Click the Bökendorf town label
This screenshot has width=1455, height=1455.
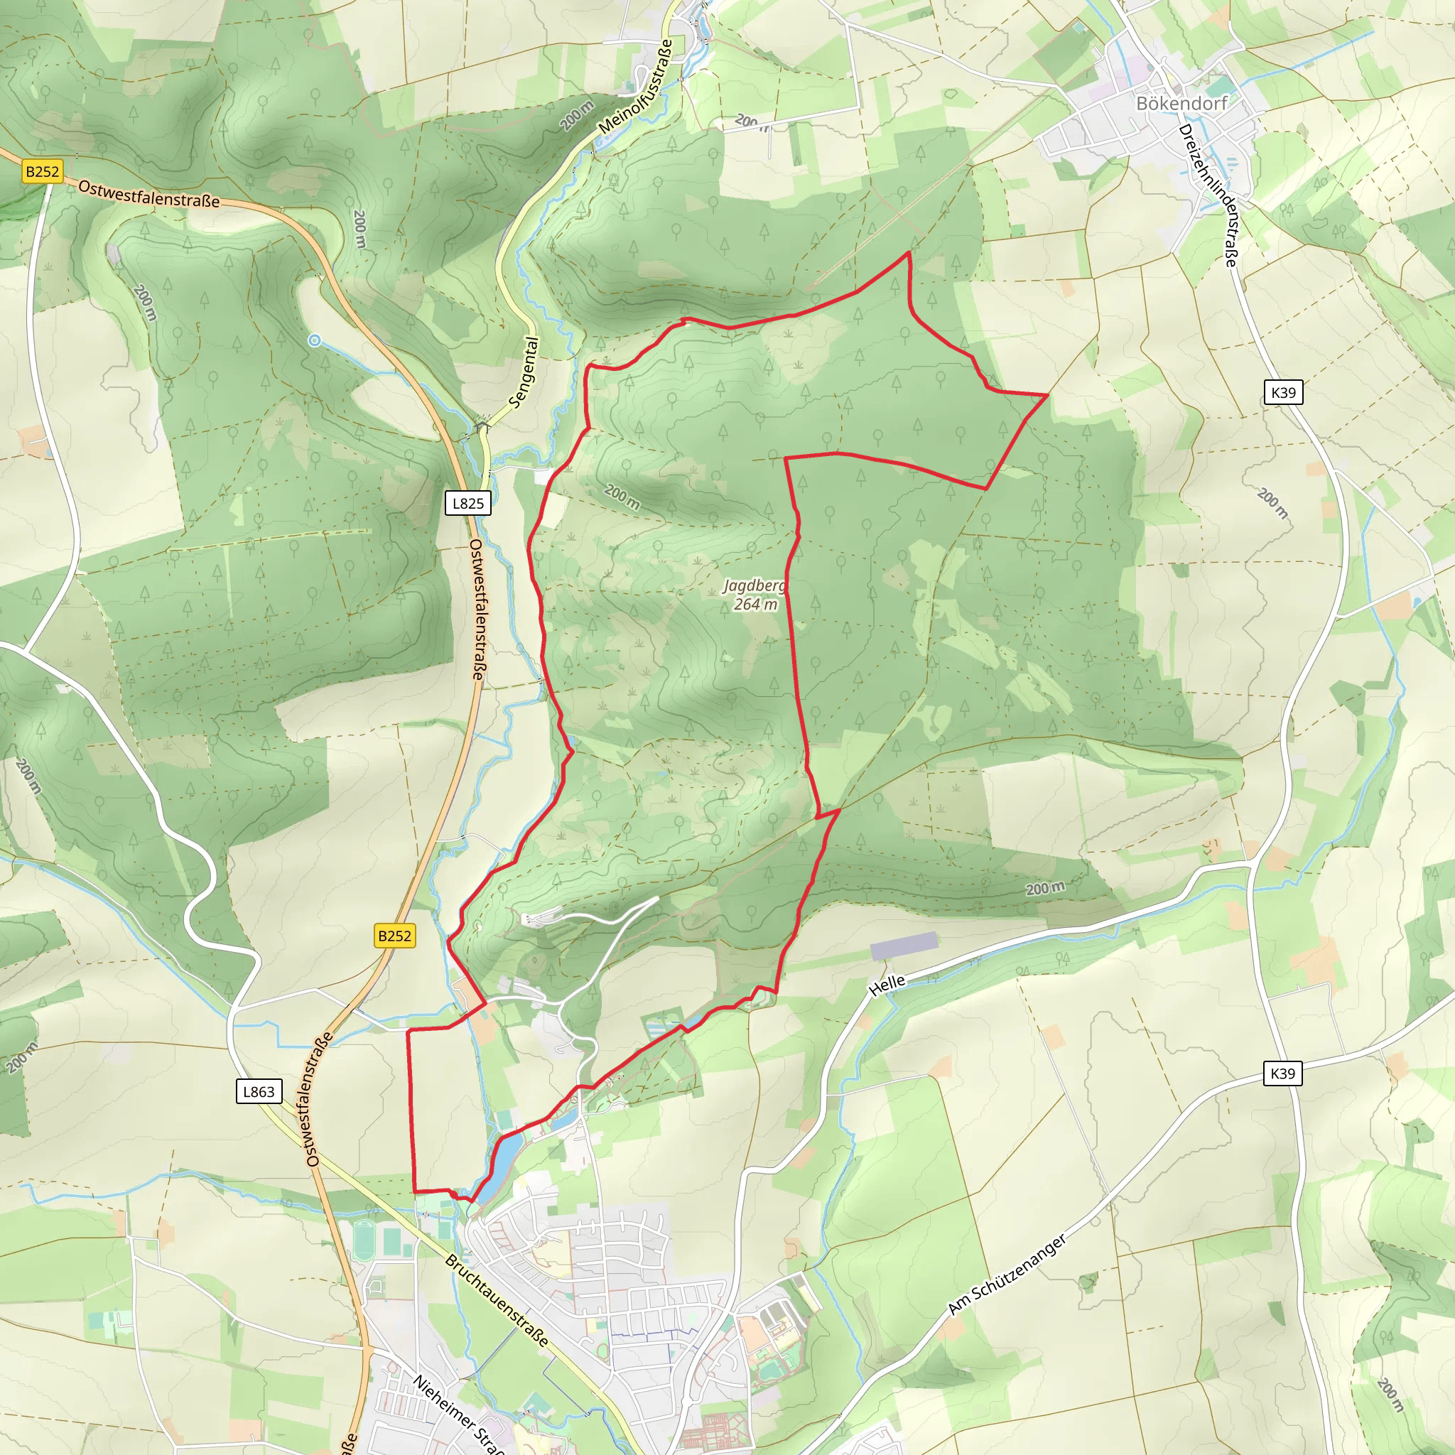[x=1181, y=103]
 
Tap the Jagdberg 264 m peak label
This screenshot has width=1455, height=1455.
[x=754, y=594]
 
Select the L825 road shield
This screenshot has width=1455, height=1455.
[x=467, y=503]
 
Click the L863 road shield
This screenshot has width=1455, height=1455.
[x=259, y=1091]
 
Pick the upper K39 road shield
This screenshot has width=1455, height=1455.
[x=1282, y=391]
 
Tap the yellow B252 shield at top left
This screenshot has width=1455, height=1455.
[x=42, y=171]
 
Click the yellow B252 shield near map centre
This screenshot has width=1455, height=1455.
[x=394, y=936]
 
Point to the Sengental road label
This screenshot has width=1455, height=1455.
[x=524, y=373]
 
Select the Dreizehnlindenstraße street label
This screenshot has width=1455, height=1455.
[x=1208, y=195]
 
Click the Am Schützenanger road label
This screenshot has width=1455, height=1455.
[x=1007, y=1275]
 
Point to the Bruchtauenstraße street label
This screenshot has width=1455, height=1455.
[x=497, y=1300]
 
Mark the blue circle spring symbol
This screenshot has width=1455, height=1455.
[x=315, y=341]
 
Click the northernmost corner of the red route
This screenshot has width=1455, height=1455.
[x=909, y=253]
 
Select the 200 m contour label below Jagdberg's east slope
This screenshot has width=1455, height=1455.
[x=1045, y=888]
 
